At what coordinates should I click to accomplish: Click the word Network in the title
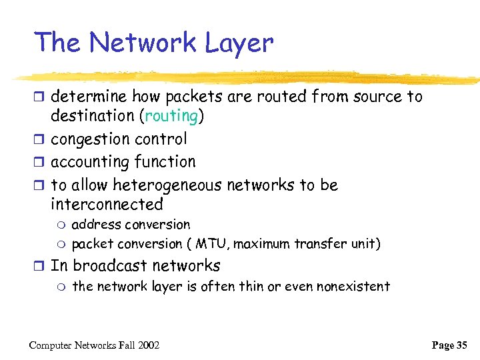[x=142, y=43]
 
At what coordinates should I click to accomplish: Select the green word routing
[x=171, y=116]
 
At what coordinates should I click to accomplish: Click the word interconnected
[x=107, y=204]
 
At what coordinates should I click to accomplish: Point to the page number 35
[x=462, y=345]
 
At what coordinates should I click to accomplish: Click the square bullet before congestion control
[x=41, y=140]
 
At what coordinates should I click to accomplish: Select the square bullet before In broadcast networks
[x=41, y=267]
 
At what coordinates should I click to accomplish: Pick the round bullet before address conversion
[x=61, y=225]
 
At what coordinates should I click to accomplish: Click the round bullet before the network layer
[x=61, y=287]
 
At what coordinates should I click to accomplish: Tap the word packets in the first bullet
[x=192, y=97]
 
